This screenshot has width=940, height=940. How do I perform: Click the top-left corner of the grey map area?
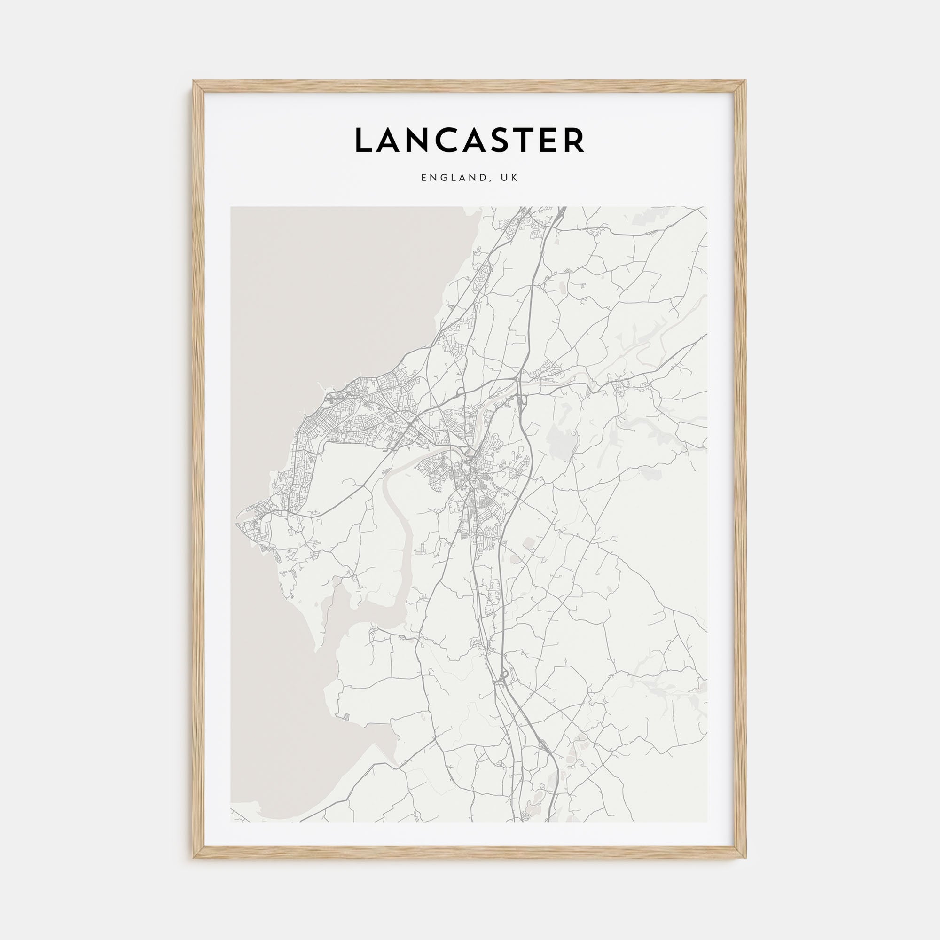(231, 208)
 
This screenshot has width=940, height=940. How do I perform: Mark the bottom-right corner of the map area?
(707, 822)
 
